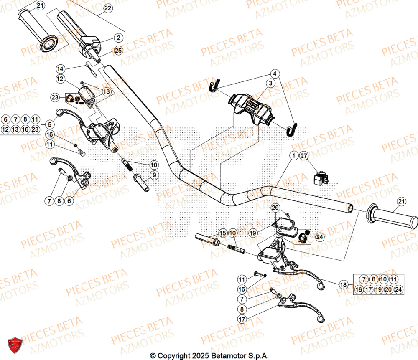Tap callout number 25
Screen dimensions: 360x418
(x=118, y=51)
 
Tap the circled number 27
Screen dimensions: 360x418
(x=304, y=156)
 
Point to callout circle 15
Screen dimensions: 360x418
(x=222, y=233)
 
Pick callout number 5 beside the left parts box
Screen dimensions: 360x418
(x=50, y=124)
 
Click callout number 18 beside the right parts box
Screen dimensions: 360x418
(x=343, y=285)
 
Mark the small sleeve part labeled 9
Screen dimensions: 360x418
(x=141, y=183)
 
